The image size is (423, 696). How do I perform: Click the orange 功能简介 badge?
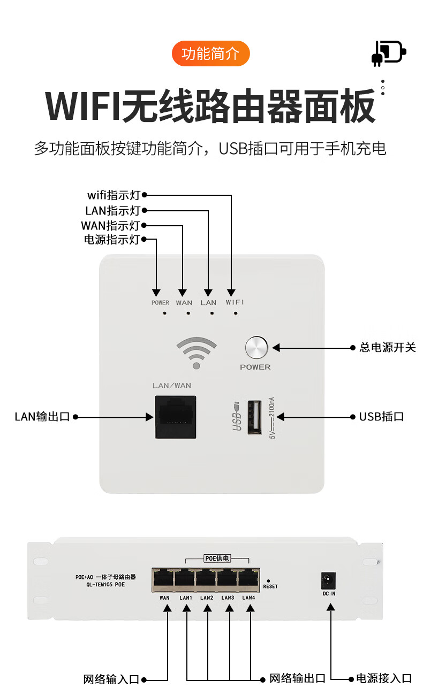pyautogui.click(x=210, y=53)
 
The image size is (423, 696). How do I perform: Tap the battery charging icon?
pyautogui.click(x=388, y=53)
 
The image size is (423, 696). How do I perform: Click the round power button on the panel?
pyautogui.click(x=256, y=348)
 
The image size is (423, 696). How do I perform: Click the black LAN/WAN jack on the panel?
pyautogui.click(x=176, y=417)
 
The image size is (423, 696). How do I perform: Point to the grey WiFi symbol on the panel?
pyautogui.click(x=197, y=353)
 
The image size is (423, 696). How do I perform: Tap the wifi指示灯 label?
pyautogui.click(x=114, y=195)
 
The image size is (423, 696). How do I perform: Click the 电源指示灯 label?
pyautogui.click(x=111, y=240)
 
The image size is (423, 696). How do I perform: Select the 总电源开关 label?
pyautogui.click(x=387, y=348)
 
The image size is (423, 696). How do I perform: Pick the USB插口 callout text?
pyautogui.click(x=381, y=417)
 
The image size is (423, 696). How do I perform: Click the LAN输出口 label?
pyautogui.click(x=42, y=417)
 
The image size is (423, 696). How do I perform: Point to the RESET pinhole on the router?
pyautogui.click(x=268, y=580)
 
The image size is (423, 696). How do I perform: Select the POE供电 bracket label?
pyautogui.click(x=217, y=559)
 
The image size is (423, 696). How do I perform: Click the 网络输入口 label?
pyautogui.click(x=111, y=679)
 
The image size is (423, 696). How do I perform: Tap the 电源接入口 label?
pyautogui.click(x=384, y=679)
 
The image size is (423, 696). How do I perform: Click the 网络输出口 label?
pyautogui.click(x=297, y=679)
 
